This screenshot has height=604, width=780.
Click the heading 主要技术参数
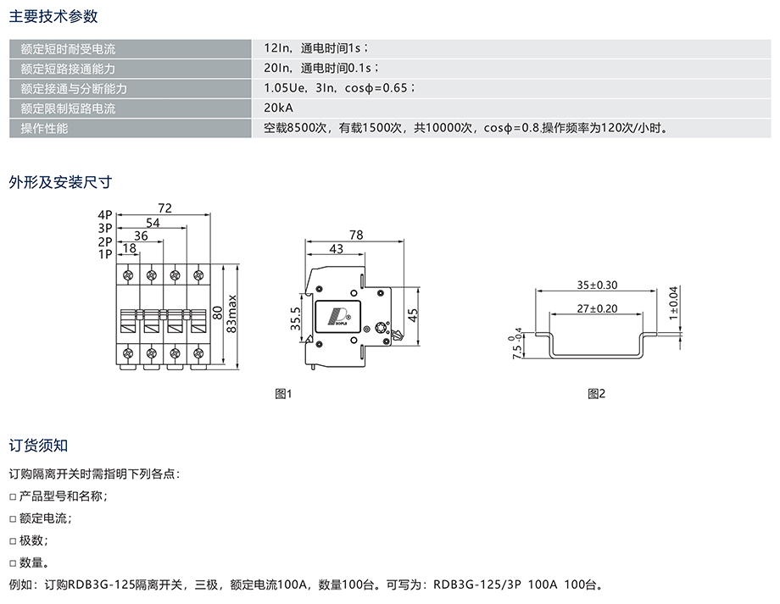click(x=53, y=16)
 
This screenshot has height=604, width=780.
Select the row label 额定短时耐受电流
click(x=68, y=48)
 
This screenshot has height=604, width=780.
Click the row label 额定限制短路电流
click(x=68, y=108)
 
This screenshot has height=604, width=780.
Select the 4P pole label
click(x=105, y=215)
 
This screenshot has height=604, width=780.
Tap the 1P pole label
click(x=105, y=253)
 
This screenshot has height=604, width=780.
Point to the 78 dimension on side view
click(x=356, y=235)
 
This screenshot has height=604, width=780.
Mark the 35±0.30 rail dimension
click(x=597, y=285)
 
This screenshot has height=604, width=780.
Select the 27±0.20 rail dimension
click(x=597, y=309)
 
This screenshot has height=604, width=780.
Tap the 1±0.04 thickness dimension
click(x=674, y=302)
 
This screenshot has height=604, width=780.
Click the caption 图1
click(x=283, y=393)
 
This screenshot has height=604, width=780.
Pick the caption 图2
click(x=597, y=393)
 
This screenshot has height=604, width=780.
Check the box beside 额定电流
click(x=13, y=518)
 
